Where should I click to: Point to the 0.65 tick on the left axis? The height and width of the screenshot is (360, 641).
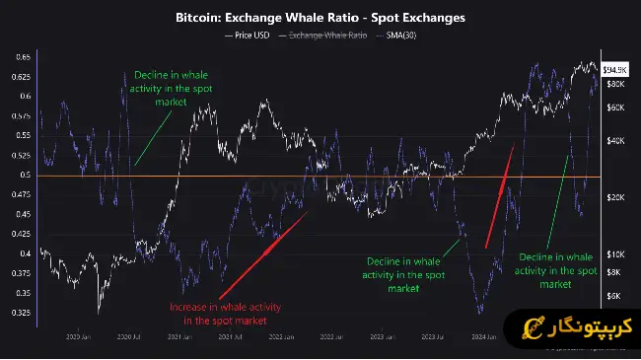(x=20, y=57)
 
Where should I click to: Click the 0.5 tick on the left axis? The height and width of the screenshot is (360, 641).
(x=24, y=176)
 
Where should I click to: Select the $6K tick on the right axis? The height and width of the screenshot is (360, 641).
(x=613, y=295)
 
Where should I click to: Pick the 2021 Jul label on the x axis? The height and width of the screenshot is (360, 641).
(x=231, y=336)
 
